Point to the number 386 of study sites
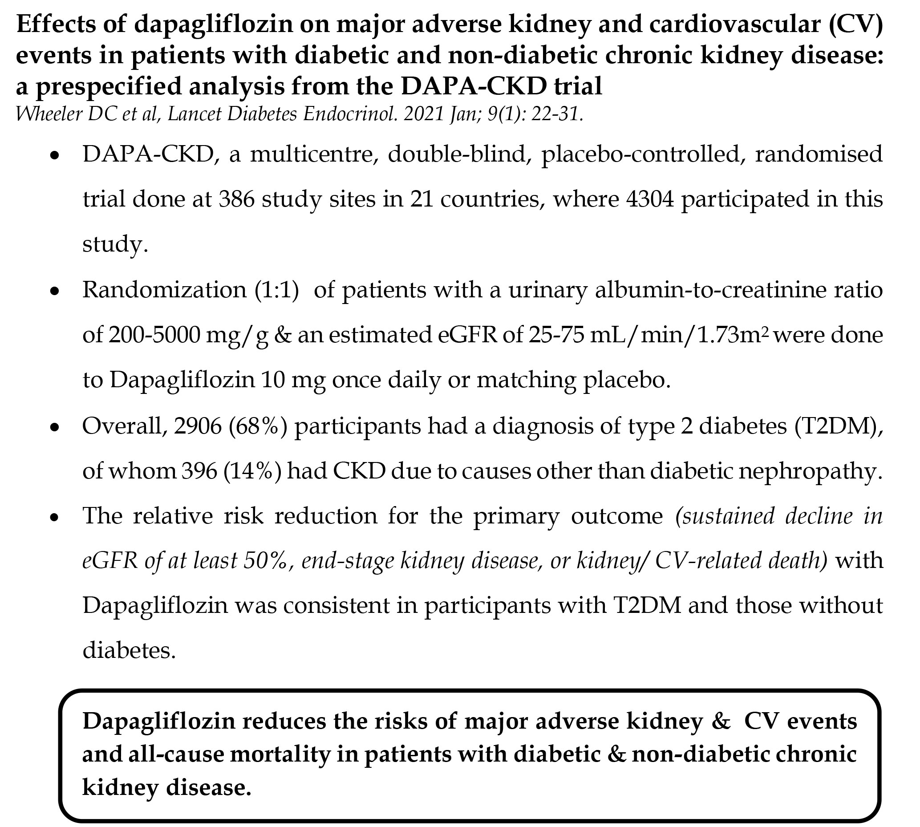236,199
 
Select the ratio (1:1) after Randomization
276,289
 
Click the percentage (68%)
258,426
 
